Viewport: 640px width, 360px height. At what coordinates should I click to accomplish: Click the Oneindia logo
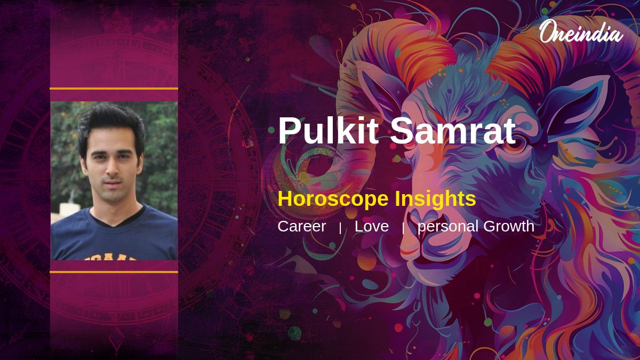coord(581,31)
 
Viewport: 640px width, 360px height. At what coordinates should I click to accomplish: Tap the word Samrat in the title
coord(453,131)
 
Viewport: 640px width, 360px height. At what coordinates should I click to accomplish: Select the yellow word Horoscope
coord(333,199)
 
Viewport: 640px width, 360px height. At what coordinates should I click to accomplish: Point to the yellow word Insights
coord(435,199)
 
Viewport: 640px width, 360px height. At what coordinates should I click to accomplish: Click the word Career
coord(302,226)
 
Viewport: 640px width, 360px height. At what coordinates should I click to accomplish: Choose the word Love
coord(372,226)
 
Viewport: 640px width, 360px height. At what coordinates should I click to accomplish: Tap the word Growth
coord(509,226)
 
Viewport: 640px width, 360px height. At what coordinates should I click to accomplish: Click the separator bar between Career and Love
coord(340,228)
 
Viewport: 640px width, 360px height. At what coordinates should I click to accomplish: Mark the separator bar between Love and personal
coord(403,228)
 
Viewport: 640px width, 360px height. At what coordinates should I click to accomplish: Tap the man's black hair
coord(111,123)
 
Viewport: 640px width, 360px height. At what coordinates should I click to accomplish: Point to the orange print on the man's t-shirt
coord(110,257)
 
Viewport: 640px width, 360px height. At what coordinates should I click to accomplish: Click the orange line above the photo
coord(114,89)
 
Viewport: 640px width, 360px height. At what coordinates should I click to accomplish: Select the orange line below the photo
coord(114,272)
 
